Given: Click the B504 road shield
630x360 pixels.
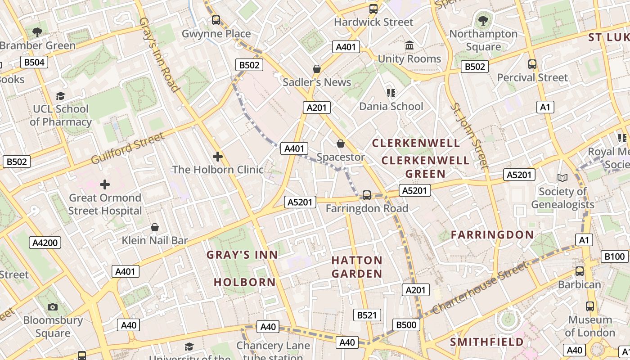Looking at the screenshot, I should point(34,62).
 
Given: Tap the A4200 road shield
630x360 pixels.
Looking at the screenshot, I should point(45,243).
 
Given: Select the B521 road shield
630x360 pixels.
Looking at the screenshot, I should point(367,315).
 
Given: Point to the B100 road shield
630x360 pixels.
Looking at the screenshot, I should point(615,256).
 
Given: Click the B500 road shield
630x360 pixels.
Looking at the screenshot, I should point(406,325).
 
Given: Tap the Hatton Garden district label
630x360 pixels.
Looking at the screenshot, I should point(357,267).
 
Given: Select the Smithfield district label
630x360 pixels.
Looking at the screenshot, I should point(487,342).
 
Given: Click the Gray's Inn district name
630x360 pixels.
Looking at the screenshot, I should point(242,255).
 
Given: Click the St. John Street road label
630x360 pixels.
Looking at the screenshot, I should point(468,135).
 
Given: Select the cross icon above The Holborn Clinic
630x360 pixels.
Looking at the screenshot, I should point(218,157).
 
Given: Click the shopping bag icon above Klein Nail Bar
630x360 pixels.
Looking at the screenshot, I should point(155,227).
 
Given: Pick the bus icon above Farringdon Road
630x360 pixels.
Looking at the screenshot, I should point(367,195).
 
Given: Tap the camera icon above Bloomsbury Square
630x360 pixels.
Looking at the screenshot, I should point(53,307).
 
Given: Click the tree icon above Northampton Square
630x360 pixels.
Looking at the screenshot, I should point(483,20).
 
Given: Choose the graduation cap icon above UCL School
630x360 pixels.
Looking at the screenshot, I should point(60,96).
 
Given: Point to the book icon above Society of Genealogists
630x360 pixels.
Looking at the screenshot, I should point(562,178).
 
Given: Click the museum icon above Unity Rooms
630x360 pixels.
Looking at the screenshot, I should point(409,45).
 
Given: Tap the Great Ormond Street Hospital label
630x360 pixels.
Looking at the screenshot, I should point(105,204).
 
